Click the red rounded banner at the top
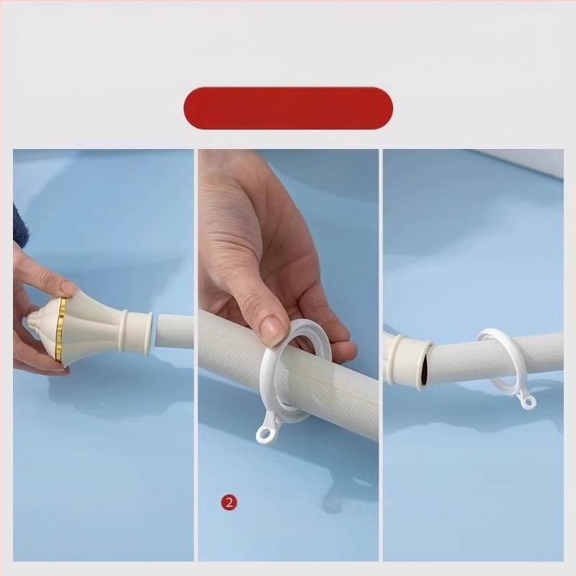[x=288, y=108]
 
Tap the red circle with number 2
[x=229, y=502]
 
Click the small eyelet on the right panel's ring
[x=528, y=401]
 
